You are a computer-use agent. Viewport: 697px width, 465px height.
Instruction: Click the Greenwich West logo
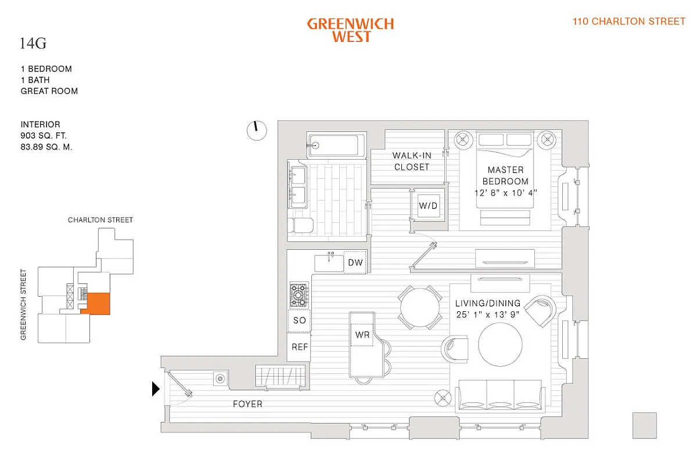[x=350, y=30]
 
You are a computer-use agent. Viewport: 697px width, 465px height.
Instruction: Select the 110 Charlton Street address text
[x=629, y=21]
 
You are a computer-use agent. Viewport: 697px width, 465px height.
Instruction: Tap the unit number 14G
[x=33, y=43]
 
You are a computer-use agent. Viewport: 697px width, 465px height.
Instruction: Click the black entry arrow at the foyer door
[x=155, y=388]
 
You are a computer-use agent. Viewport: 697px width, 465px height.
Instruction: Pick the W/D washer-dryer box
[x=429, y=206]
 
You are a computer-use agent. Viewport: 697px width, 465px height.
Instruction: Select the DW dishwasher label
[x=355, y=263]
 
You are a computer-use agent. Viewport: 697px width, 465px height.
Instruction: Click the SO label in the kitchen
[x=299, y=320]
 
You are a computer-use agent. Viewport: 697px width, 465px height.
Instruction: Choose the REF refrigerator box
[x=299, y=347]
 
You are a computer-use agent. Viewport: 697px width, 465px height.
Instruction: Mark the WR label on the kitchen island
[x=362, y=335]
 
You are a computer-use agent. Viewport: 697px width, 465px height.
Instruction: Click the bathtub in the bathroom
[x=336, y=145]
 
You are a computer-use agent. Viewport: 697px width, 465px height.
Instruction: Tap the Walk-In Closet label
[x=411, y=161]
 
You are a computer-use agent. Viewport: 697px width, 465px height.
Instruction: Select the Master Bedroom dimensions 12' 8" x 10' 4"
[x=505, y=192]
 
